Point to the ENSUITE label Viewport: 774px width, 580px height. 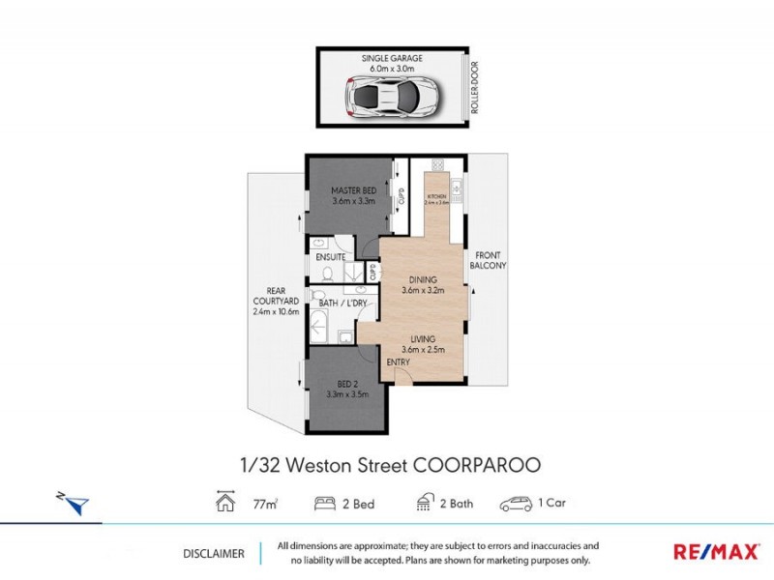coord(331,256)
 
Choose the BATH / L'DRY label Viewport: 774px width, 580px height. coord(342,304)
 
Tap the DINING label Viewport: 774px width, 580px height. coord(423,281)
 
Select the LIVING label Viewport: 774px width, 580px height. coord(423,338)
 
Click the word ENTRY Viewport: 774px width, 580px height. coord(398,362)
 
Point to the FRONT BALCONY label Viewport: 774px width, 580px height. coord(488,258)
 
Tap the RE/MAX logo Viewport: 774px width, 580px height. coord(716,552)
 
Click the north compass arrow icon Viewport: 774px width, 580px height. coord(75,503)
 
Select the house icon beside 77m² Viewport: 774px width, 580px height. coord(225,504)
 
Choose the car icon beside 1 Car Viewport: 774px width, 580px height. coord(518,504)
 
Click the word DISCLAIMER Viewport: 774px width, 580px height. coord(213,553)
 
